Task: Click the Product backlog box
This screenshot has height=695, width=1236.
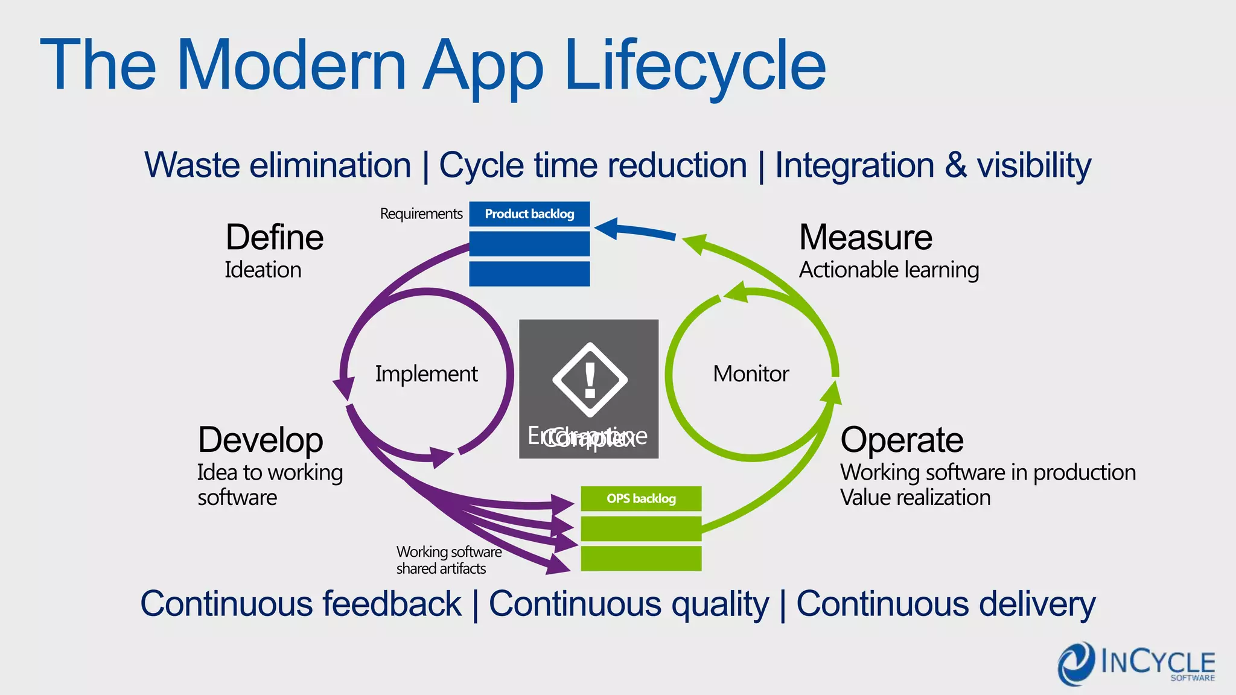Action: pyautogui.click(x=529, y=214)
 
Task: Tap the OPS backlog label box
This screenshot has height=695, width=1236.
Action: pyautogui.click(x=641, y=499)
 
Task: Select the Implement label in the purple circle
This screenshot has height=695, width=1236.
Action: pyautogui.click(x=426, y=374)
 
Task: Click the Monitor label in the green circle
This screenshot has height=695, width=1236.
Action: pyautogui.click(x=751, y=374)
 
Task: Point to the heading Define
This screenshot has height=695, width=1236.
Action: pyautogui.click(x=275, y=237)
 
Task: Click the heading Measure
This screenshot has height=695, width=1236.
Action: pyautogui.click(x=865, y=237)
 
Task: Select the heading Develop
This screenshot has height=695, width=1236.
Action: pyautogui.click(x=261, y=440)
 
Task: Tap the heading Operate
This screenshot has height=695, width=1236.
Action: pyautogui.click(x=902, y=440)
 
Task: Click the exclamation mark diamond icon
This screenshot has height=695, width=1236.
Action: pyautogui.click(x=590, y=380)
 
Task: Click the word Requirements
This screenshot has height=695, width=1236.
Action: pyautogui.click(x=421, y=214)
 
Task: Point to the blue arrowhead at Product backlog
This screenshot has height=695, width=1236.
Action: pyautogui.click(x=607, y=228)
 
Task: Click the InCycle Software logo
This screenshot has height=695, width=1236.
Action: pyautogui.click(x=1136, y=664)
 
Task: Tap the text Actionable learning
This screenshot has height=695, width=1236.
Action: pyautogui.click(x=889, y=270)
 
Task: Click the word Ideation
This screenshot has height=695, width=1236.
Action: pyautogui.click(x=263, y=270)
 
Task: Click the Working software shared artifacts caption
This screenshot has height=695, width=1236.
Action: pyautogui.click(x=448, y=560)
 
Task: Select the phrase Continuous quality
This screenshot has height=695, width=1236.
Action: pyautogui.click(x=629, y=604)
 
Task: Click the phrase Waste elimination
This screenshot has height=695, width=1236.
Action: pyautogui.click(x=278, y=165)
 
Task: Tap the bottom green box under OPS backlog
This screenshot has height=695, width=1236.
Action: pyautogui.click(x=641, y=558)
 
